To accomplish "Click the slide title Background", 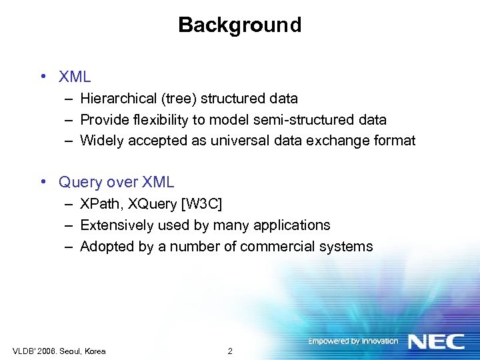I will tap(239, 25).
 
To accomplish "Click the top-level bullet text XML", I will tap(75, 77).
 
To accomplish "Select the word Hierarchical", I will tap(119, 99).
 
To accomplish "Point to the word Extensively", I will tap(117, 225).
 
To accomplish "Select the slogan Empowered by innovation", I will tap(353, 341).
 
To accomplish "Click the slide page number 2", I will tap(230, 351).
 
